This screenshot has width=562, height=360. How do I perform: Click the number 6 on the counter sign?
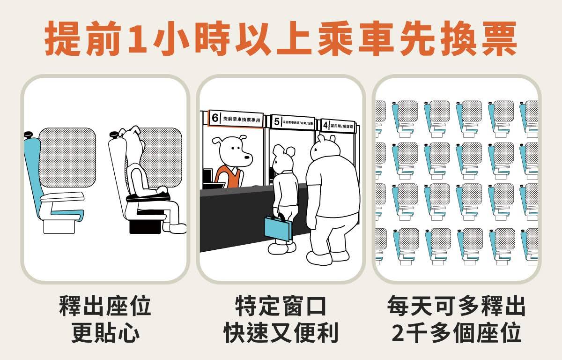(x=215, y=118)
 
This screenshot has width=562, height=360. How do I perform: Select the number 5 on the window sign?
(x=276, y=122)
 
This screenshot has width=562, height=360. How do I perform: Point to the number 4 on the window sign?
(x=325, y=125)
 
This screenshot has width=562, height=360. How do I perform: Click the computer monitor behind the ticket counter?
(x=207, y=177)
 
